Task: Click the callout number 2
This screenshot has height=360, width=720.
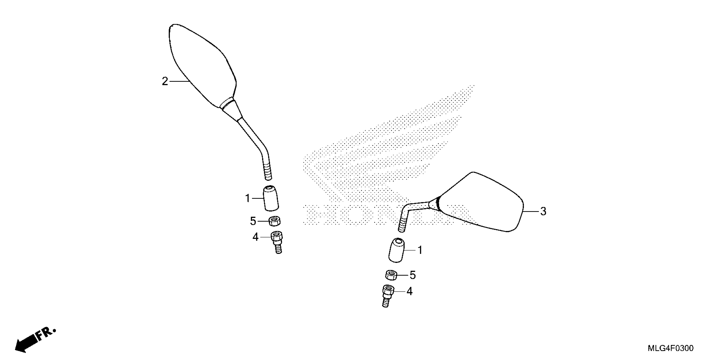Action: coord(165,81)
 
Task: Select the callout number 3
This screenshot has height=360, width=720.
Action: coord(543,211)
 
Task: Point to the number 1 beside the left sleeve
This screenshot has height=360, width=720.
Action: coord(247,198)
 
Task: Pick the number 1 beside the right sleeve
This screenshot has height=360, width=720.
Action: coord(420,250)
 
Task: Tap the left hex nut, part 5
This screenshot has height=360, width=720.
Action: coord(274,221)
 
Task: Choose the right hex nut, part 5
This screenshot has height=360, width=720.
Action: coord(391,275)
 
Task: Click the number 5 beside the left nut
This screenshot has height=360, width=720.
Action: coord(253,221)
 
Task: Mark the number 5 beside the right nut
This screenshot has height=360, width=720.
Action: coord(413,275)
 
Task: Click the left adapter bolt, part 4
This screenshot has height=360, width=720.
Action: coord(277,242)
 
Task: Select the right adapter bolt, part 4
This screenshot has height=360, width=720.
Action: coord(387,296)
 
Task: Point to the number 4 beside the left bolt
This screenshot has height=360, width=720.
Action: coord(255,237)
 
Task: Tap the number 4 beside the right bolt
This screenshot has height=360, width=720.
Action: coord(410,292)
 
